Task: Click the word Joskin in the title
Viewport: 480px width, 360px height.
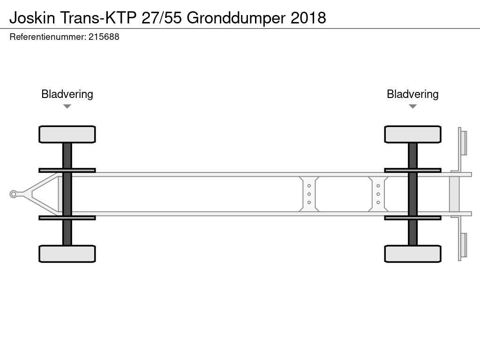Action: pos(32,18)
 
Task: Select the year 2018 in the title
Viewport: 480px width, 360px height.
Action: pos(308,18)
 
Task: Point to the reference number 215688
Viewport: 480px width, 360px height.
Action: pos(104,37)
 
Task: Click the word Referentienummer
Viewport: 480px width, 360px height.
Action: pos(48,37)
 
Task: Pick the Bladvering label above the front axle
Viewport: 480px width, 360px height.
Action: pos(67,94)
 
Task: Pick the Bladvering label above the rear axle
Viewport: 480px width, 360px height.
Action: pos(412,94)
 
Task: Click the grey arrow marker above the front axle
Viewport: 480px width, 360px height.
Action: pos(67,106)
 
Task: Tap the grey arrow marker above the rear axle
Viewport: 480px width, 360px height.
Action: pos(412,106)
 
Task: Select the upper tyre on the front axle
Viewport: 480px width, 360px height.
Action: pos(67,135)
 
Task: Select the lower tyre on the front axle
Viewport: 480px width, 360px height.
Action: pos(67,254)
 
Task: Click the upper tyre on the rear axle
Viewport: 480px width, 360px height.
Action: pos(412,135)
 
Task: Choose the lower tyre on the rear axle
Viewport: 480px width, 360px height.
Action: pos(412,254)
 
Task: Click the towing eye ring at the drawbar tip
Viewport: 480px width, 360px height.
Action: pos(13,194)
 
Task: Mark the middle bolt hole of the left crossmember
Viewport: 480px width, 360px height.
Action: pos(309,194)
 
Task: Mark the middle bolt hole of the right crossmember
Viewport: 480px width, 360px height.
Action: pos(378,194)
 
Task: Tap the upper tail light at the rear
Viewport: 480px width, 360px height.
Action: pos(464,143)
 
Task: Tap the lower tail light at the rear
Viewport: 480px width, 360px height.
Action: pos(464,245)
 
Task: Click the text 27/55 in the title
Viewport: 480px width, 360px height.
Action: pos(162,18)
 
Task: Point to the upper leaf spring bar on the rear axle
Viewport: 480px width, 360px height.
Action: pos(412,170)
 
